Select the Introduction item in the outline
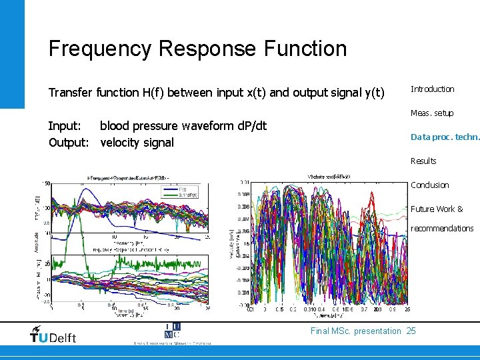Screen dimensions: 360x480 432,89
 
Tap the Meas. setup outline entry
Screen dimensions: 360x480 432,113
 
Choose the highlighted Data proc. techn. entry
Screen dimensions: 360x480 445,137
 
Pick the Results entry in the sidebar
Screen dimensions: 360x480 423,161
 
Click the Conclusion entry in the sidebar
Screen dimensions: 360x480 429,185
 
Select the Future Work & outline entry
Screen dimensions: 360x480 437,209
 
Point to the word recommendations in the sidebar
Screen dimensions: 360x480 442,228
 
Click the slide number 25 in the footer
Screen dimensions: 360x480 411,331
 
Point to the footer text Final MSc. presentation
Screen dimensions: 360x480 356,331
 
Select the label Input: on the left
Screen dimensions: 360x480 65,126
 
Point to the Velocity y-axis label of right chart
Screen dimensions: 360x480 231,246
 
